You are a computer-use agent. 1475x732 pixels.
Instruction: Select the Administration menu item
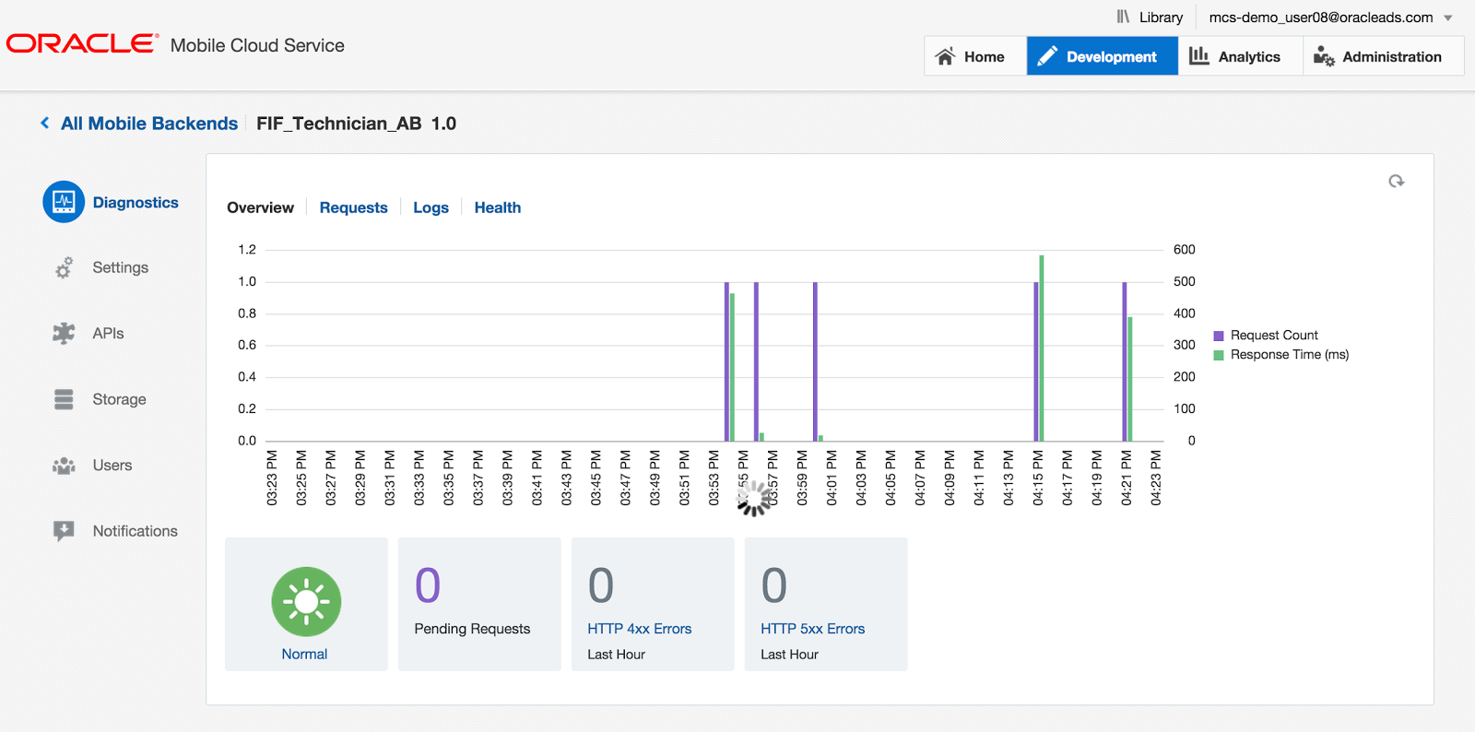[x=1380, y=56]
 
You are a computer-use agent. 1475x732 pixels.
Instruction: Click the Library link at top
[x=1150, y=18]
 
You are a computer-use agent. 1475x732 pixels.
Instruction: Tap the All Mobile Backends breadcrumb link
[x=148, y=124]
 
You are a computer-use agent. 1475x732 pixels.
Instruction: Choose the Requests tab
[x=353, y=207]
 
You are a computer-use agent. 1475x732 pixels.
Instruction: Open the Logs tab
[x=431, y=207]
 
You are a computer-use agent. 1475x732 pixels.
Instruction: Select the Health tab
[x=497, y=207]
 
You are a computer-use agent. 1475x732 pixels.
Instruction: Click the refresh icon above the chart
[x=1397, y=182]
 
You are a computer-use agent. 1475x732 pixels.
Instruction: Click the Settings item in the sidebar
[x=120, y=267]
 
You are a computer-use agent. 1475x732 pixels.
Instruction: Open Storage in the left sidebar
[x=119, y=399]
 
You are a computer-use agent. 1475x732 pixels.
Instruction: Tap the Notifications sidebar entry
[x=135, y=531]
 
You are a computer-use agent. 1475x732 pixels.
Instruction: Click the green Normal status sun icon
[x=306, y=601]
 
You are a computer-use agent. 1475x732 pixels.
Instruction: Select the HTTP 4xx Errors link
[x=639, y=629]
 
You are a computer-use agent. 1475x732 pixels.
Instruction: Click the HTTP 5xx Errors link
[x=812, y=629]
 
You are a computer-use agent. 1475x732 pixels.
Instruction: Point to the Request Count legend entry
[x=1273, y=336]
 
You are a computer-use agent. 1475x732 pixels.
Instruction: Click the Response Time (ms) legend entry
[x=1289, y=355]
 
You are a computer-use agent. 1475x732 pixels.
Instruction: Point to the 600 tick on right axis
[x=1184, y=250]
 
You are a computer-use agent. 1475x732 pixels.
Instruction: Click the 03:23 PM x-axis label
[x=272, y=478]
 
